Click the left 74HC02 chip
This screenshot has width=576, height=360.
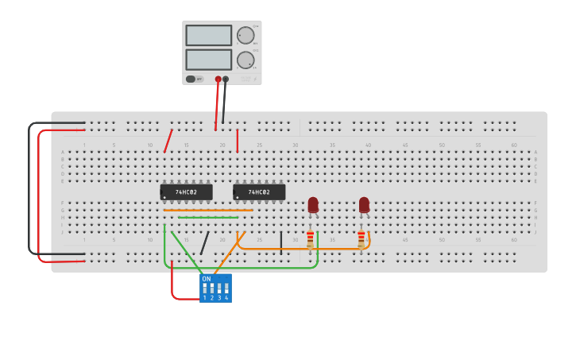tap(187, 192)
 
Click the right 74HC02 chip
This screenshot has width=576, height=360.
tap(259, 192)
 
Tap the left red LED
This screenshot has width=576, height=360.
tap(313, 204)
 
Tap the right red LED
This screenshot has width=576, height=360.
tap(364, 204)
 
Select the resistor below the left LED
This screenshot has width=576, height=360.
tap(310, 239)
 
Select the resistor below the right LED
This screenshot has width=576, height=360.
tap(361, 239)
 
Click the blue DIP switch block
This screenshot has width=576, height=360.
tap(215, 288)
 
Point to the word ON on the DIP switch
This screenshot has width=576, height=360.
tap(207, 279)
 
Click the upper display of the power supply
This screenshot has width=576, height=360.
tap(208, 36)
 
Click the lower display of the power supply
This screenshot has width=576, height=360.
tap(208, 60)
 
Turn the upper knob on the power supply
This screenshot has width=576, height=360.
tap(245, 35)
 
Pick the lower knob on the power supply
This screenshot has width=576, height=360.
tap(245, 60)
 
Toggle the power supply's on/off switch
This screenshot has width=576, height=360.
tap(191, 79)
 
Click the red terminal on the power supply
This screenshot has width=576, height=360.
tap(218, 79)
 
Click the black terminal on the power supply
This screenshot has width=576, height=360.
tap(226, 79)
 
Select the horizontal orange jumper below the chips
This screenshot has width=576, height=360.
tap(208, 210)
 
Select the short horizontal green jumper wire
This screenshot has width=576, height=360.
tap(207, 217)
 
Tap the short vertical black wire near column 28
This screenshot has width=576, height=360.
tap(280, 242)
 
